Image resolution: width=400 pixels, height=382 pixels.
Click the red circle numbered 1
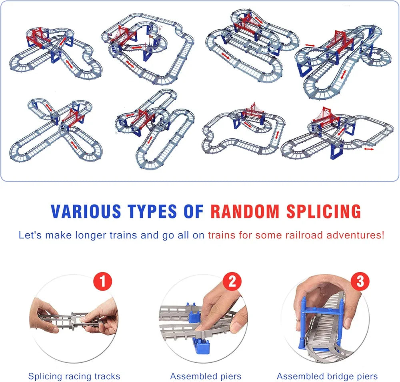click(102, 282)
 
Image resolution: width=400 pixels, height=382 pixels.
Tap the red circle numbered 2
click(232, 282)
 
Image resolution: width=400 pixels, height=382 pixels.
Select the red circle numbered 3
click(360, 282)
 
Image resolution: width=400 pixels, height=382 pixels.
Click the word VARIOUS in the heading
click(86, 211)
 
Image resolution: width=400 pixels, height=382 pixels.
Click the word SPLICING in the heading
click(324, 211)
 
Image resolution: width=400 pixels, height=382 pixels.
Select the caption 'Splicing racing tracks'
click(74, 376)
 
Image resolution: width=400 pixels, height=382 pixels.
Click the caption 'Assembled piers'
click(206, 376)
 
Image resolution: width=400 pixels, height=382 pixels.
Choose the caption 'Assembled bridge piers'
click(327, 376)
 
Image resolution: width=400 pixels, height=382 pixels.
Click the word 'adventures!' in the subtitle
click(356, 235)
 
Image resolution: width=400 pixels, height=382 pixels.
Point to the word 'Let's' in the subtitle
click(30, 235)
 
